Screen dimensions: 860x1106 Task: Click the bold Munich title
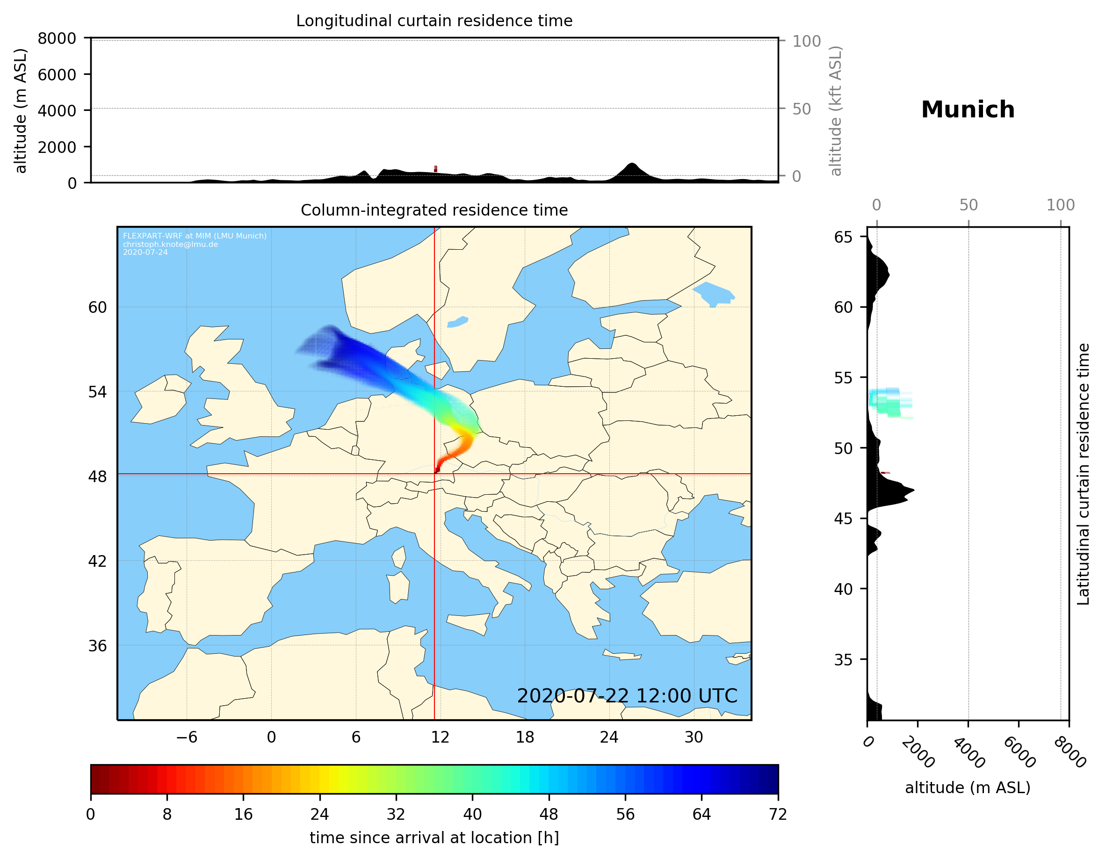[967, 110]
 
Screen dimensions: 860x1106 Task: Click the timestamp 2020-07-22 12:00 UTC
[627, 696]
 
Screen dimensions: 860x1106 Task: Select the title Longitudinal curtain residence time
[434, 21]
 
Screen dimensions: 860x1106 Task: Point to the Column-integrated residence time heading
[434, 210]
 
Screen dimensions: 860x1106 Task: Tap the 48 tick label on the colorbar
[549, 815]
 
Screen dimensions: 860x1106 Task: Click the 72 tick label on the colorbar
[777, 815]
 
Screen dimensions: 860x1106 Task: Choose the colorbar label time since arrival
[434, 838]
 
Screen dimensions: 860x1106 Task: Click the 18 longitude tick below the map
[525, 737]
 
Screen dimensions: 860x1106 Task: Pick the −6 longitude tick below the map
[186, 737]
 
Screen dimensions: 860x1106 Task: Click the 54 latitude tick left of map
[97, 392]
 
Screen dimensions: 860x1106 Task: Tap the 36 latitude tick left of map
[97, 646]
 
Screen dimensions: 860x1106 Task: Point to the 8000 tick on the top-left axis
[57, 38]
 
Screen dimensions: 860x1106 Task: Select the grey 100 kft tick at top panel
[806, 41]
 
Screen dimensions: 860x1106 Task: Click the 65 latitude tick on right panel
[843, 237]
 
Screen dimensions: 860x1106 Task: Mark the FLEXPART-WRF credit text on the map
[195, 244]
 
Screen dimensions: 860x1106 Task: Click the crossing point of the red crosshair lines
[434, 474]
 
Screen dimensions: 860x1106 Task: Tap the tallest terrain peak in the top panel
[631, 164]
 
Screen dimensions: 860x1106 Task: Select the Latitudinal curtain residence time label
[1083, 474]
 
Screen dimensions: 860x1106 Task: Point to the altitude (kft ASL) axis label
[836, 111]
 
